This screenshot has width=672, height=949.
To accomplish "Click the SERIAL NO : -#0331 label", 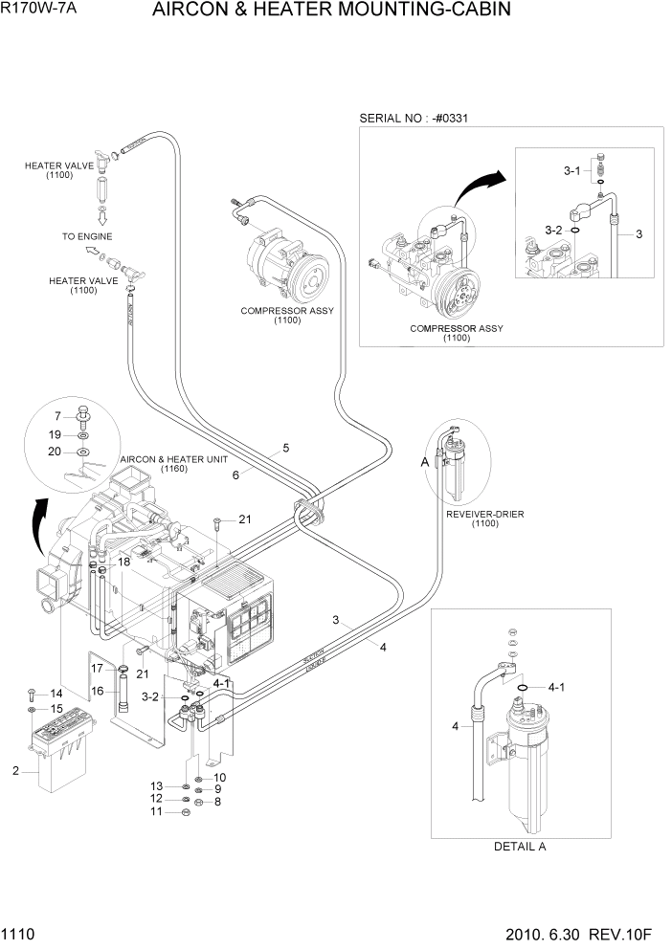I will (419, 119).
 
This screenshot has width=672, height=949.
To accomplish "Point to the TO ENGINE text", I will (87, 236).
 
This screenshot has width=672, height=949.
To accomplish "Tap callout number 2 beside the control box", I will (15, 770).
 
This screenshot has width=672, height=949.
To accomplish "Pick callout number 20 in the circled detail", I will (55, 452).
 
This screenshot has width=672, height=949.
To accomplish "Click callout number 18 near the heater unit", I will (124, 562).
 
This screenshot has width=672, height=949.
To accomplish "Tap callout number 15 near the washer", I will (56, 709).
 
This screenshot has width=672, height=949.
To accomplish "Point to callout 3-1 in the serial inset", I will (571, 170).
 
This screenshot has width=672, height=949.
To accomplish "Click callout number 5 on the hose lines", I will (286, 447).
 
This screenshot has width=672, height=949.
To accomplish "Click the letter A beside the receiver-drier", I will (425, 462).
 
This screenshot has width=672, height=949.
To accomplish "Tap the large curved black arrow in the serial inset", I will (479, 186).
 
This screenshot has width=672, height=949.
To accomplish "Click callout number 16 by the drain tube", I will (97, 691).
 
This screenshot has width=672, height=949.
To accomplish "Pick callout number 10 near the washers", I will (220, 777).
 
